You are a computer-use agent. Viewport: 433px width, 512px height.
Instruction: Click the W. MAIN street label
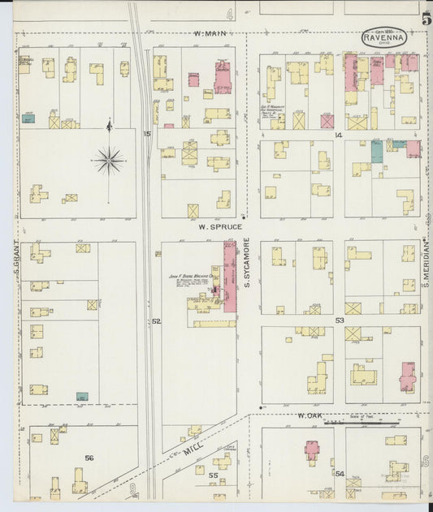(x=208, y=34)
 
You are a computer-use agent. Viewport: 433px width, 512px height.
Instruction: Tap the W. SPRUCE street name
(x=220, y=227)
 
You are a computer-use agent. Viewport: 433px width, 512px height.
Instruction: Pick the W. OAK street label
(x=310, y=415)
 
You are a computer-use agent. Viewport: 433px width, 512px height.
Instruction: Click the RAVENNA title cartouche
(x=384, y=38)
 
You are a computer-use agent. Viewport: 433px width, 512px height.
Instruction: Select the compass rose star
(x=109, y=160)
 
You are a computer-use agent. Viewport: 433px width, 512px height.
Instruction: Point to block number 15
(x=147, y=133)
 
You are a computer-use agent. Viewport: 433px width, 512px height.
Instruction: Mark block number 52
(x=156, y=321)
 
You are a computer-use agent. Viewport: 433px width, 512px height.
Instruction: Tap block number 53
(x=340, y=321)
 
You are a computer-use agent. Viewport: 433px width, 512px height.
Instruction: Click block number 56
(x=89, y=458)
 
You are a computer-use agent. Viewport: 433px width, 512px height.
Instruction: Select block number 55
(x=214, y=475)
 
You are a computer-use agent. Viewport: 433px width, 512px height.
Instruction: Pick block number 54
(x=340, y=473)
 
